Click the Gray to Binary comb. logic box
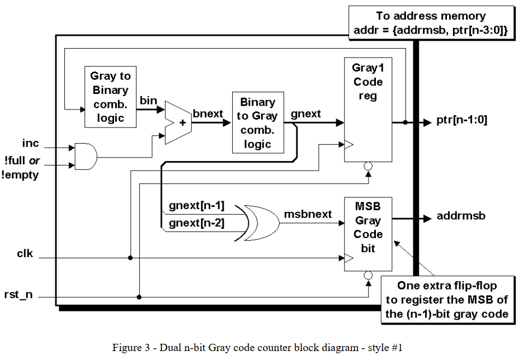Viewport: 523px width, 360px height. (110, 96)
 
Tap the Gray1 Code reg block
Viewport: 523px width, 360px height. (367, 109)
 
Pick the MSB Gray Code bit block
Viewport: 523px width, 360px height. (367, 234)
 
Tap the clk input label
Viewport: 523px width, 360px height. (25, 254)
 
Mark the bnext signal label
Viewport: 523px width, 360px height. (208, 114)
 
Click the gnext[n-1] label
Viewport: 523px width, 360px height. (196, 206)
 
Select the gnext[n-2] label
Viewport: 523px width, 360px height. (196, 223)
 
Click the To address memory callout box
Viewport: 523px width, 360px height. (431, 24)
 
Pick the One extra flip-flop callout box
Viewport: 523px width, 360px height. (447, 300)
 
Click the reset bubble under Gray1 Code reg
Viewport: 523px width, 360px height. (367, 166)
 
